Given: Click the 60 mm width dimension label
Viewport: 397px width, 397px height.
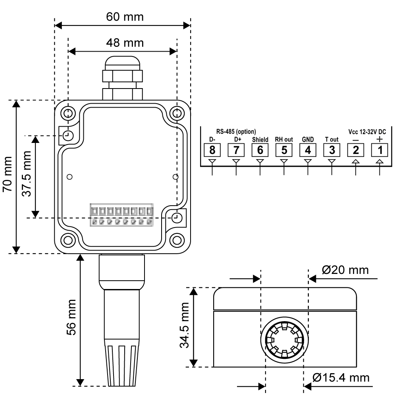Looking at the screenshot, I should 125,17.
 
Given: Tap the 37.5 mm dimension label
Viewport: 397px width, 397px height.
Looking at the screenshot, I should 27,177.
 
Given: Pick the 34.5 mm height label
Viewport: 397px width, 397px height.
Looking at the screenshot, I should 185,326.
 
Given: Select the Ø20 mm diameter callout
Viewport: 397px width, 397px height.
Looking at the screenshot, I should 345,270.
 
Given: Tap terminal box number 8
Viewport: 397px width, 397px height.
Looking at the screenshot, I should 212,150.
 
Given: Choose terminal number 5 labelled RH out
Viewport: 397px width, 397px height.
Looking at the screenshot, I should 284,150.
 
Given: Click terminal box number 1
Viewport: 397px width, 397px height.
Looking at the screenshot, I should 380,150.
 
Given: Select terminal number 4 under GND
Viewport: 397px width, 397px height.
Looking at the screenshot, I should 308,150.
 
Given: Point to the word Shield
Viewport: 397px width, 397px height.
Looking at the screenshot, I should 260,140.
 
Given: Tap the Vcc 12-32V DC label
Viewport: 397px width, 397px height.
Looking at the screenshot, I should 367,131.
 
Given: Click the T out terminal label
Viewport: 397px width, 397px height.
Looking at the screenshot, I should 331,140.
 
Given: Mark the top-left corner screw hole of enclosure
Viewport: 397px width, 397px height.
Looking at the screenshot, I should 68,112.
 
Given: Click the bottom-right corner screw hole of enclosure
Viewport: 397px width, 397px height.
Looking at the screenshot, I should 177,240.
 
